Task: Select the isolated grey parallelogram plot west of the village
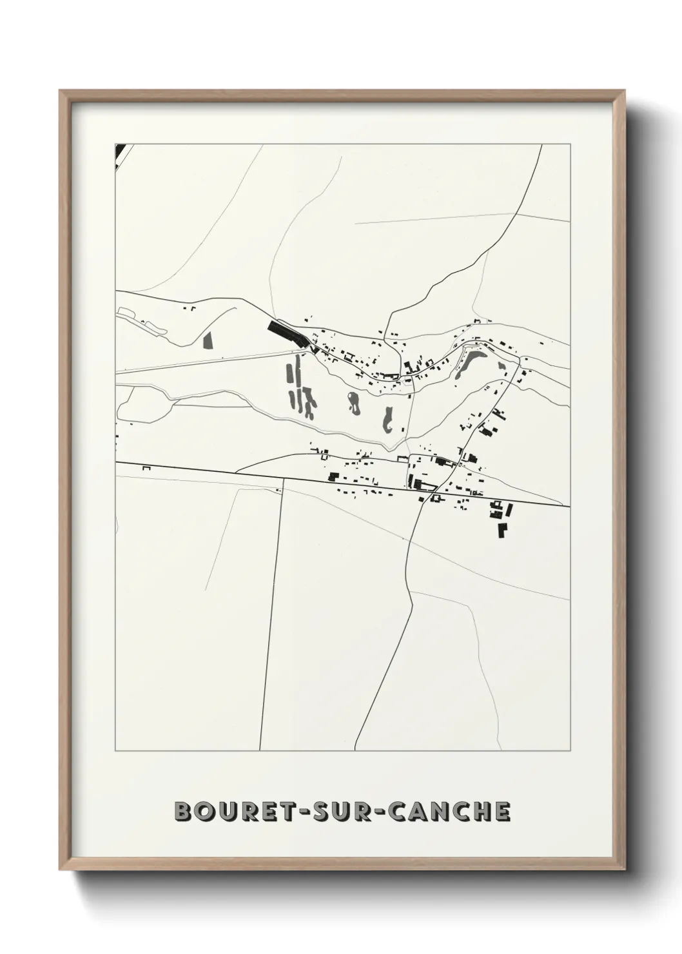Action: pos(208,339)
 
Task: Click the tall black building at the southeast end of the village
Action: pos(502,530)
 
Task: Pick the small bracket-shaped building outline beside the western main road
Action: pos(146,467)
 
